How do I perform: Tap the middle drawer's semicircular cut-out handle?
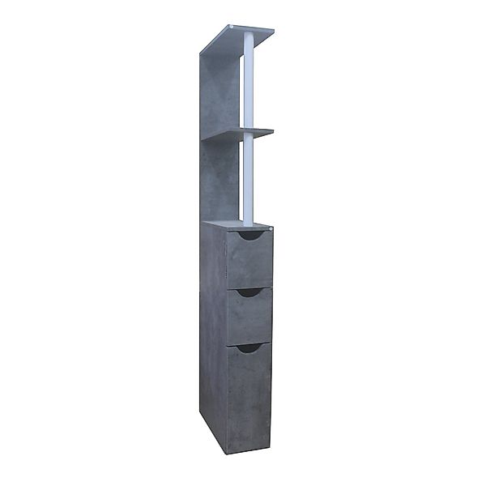(249, 292)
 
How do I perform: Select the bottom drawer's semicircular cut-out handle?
(249, 347)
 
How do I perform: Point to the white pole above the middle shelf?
(248, 81)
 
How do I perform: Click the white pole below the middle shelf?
(248, 178)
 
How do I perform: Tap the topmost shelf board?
(239, 37)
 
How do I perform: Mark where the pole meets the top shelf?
(248, 37)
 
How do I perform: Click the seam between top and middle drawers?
(249, 287)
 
